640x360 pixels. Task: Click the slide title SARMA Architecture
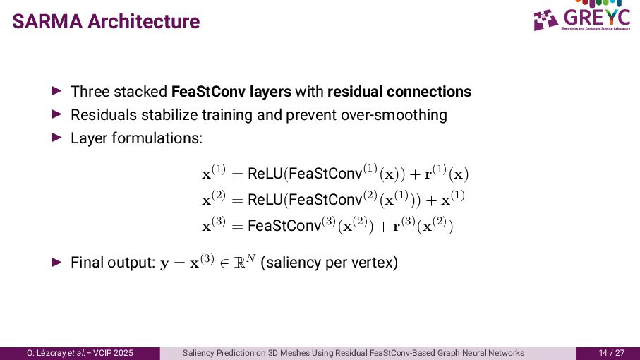pos(107,22)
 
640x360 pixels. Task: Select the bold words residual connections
pos(399,92)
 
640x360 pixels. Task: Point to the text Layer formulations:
pos(136,137)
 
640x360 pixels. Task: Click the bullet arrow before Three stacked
pos(58,92)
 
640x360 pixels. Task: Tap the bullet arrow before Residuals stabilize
pos(58,114)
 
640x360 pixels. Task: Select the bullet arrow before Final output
pos(58,263)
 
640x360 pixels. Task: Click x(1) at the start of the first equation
pos(213,172)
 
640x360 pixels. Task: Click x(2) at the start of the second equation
pos(213,199)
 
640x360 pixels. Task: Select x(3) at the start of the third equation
pos(213,225)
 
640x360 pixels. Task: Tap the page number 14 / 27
pos(612,353)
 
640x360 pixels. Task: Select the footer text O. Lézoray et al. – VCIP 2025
pos(80,353)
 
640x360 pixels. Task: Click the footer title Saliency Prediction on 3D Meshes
pos(353,353)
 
